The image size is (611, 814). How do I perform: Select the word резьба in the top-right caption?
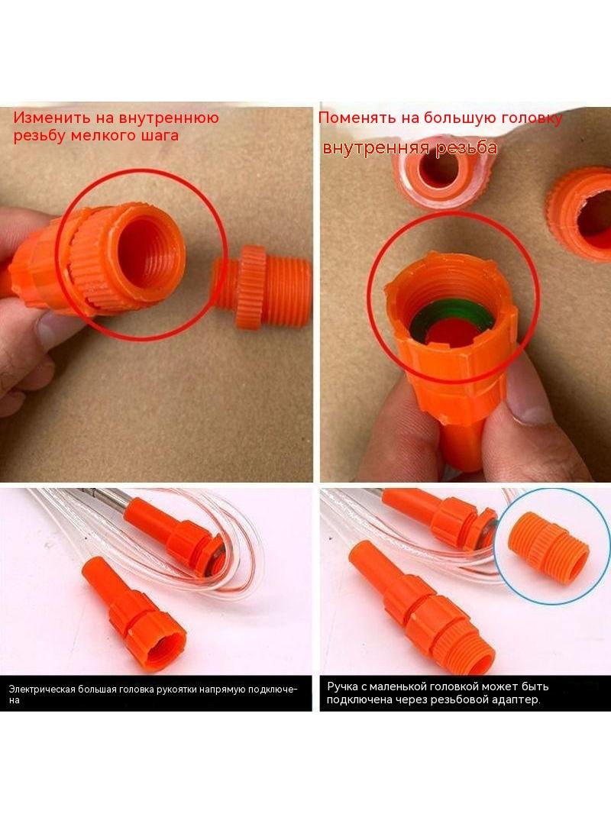[466, 148]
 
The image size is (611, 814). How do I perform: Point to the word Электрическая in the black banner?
[42, 690]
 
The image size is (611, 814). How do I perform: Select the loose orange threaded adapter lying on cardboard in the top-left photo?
[262, 286]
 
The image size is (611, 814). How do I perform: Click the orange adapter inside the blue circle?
[548, 548]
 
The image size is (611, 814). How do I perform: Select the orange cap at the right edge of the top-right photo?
[580, 212]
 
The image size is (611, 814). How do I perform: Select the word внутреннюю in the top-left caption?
[169, 118]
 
